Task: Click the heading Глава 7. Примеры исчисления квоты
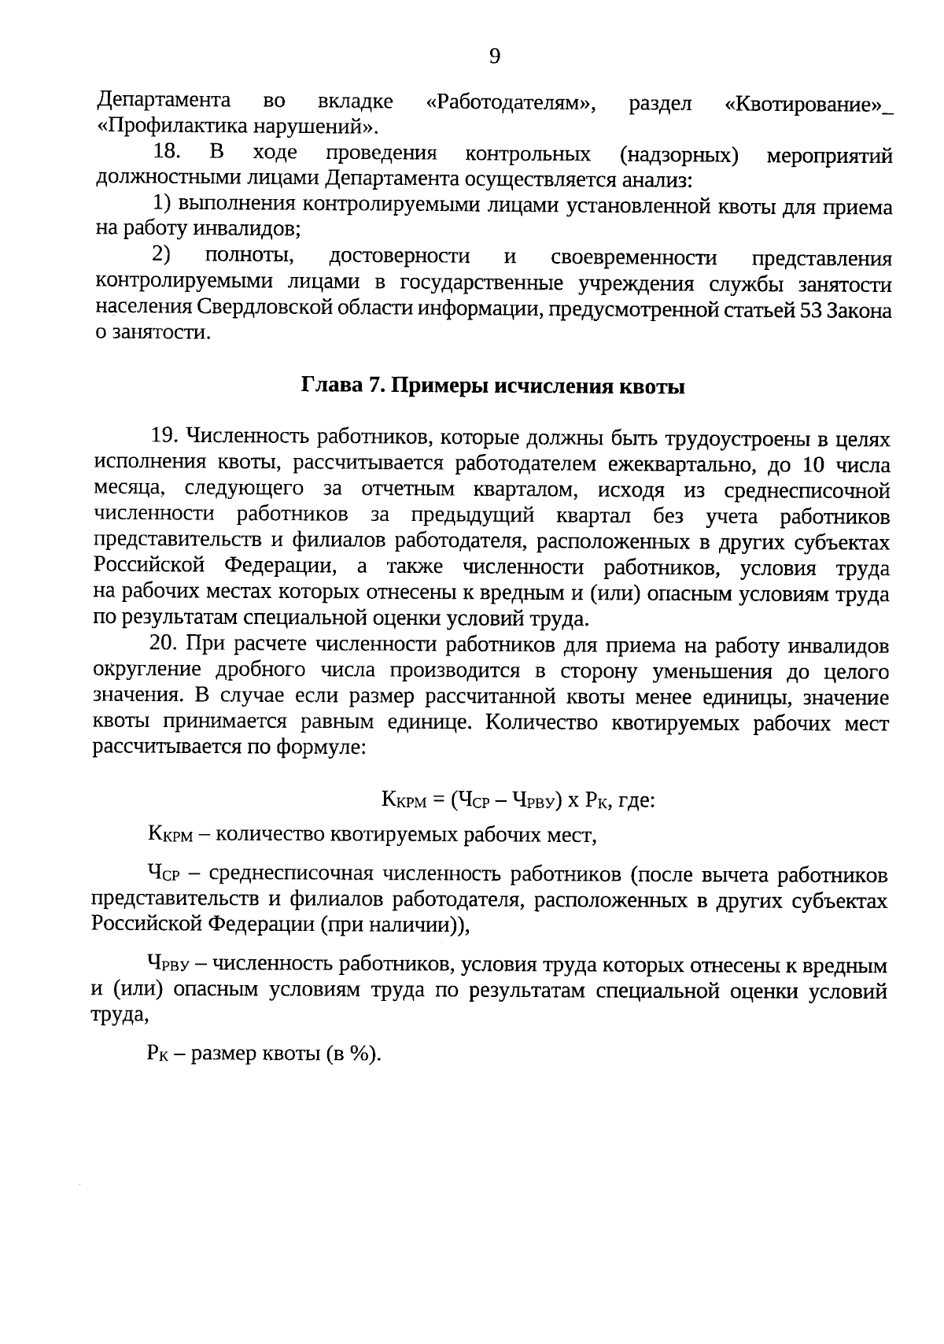point(493,386)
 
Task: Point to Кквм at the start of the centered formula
point(402,801)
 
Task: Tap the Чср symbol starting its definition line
point(163,874)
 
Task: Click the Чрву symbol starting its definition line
point(169,965)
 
